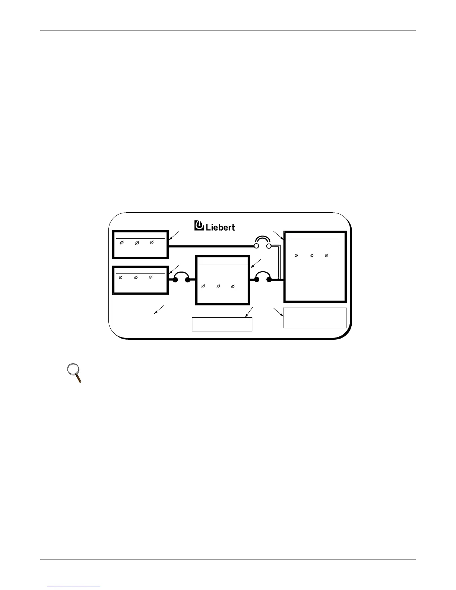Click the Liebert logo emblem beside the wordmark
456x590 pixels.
coord(199,225)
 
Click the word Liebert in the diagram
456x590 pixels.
coord(220,227)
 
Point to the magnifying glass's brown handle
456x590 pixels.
coord(79,379)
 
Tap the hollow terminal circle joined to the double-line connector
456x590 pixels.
coord(268,246)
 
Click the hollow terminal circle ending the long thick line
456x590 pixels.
coord(256,246)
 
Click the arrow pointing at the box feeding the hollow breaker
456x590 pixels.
coord(174,235)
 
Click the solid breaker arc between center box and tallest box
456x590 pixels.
coord(262,276)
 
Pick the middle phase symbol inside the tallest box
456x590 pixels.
coord(311,256)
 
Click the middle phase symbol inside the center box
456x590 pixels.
coord(218,286)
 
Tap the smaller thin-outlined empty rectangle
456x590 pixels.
coord(222,324)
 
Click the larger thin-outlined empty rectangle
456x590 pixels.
coord(315,318)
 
